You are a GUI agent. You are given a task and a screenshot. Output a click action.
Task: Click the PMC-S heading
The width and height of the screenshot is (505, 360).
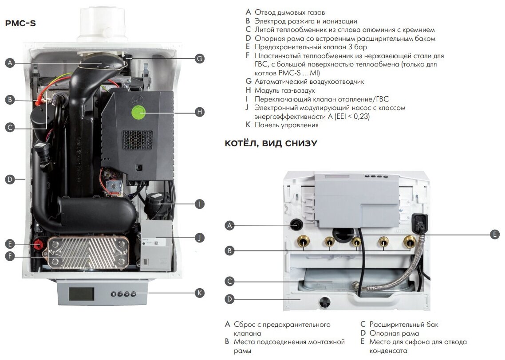point(20,23)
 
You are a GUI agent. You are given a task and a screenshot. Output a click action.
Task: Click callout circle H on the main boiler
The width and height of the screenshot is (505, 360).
point(200,112)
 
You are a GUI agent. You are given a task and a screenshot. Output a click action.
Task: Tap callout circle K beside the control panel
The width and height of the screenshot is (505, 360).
point(200,293)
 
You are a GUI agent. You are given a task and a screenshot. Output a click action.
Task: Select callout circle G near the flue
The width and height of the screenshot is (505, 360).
point(200,58)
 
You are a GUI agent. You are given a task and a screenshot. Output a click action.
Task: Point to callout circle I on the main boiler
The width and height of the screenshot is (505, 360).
point(200,204)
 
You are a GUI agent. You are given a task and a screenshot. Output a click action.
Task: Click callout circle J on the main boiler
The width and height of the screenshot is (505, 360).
point(200,238)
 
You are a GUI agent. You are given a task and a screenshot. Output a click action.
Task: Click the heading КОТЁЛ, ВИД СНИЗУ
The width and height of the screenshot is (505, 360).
point(271,143)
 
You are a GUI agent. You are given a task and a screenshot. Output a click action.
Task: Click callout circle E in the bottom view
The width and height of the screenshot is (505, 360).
point(495,235)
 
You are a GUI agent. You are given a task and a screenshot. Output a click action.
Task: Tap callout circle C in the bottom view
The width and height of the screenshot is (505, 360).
point(229,281)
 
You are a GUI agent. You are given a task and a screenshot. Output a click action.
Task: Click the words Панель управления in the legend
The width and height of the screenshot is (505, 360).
point(287,125)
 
